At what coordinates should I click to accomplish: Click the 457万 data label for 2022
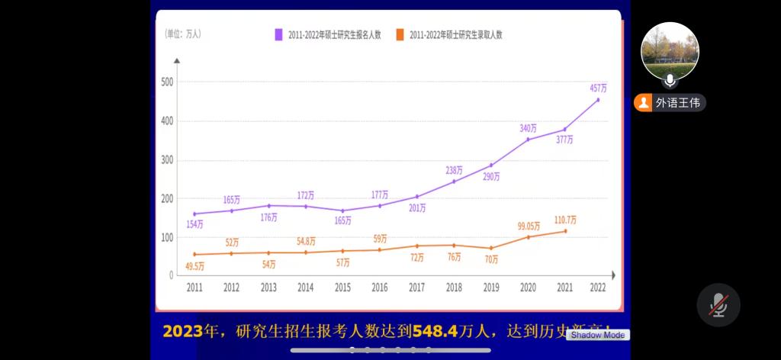(x=598, y=88)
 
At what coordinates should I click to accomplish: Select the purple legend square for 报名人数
(x=279, y=34)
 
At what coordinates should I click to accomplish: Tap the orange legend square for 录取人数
(x=400, y=34)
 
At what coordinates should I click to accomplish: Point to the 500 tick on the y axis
(x=167, y=82)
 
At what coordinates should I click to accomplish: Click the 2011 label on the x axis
(x=194, y=288)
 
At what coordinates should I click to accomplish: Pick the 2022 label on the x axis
(x=598, y=288)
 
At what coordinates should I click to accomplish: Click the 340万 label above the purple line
(x=528, y=128)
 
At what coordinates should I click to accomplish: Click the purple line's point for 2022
(x=598, y=100)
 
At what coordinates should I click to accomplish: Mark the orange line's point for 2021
(x=564, y=231)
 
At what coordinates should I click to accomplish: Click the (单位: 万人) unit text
(x=183, y=34)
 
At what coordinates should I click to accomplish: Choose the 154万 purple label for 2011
(x=194, y=224)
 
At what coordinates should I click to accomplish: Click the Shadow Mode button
(x=598, y=335)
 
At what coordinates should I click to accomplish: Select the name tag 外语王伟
(x=670, y=103)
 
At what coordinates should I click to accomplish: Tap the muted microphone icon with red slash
(x=718, y=305)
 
